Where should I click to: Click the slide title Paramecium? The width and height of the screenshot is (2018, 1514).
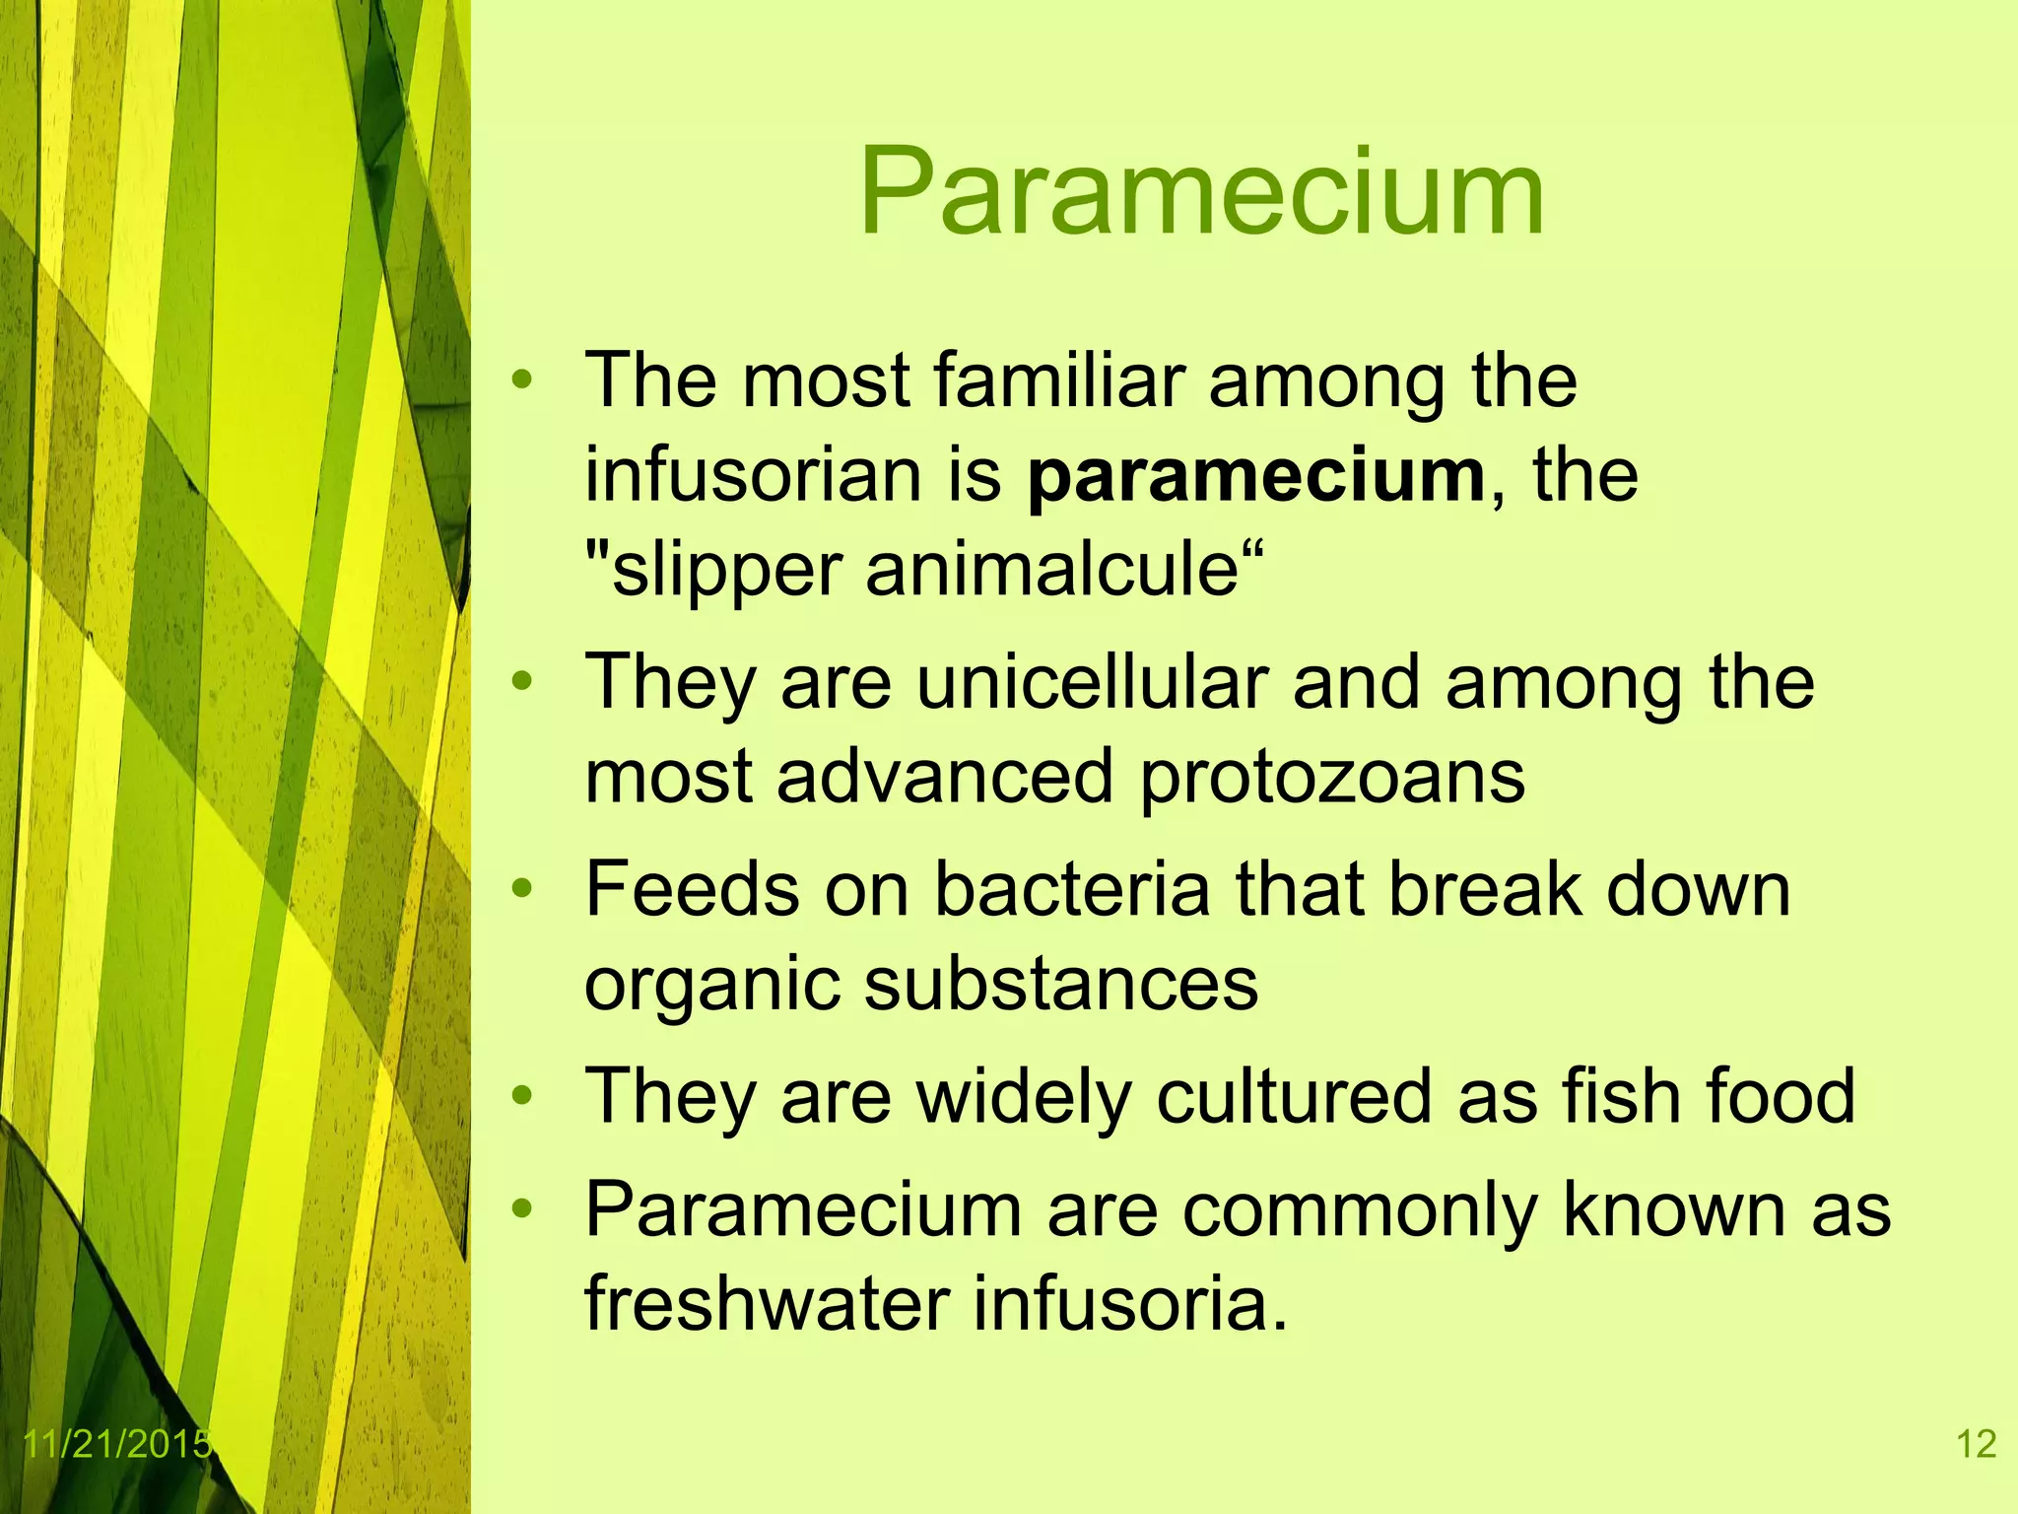1200,193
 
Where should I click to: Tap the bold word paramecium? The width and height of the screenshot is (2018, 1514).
1255,476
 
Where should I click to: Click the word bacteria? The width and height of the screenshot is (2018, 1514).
1072,889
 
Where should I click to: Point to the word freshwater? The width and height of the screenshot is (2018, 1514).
767,1304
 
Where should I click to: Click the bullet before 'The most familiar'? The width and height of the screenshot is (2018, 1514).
522,379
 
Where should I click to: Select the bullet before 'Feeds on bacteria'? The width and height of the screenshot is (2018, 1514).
522,889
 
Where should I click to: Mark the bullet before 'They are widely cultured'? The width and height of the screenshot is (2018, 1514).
522,1096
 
